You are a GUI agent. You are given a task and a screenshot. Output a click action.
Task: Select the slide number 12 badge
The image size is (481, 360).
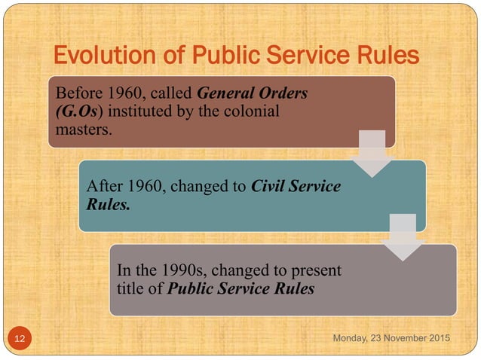[19, 340]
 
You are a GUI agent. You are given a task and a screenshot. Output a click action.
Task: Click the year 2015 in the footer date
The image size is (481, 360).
[436, 339]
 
